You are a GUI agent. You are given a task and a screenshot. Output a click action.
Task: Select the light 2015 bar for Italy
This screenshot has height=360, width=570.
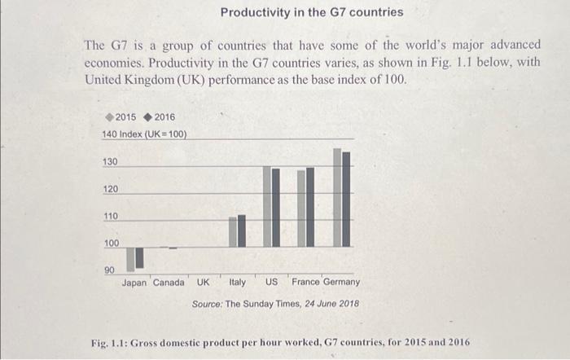point(233,232)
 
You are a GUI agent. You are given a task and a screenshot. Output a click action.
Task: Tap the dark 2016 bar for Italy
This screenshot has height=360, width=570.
point(241,230)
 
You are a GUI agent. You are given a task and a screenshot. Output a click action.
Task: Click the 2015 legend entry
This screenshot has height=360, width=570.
point(121,117)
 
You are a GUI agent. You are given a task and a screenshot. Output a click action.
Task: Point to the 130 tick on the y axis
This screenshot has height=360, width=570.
point(110,162)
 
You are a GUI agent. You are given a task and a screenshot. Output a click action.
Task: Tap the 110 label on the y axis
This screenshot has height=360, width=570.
point(110,216)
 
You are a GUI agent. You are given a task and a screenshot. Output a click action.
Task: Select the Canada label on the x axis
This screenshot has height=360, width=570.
point(169,283)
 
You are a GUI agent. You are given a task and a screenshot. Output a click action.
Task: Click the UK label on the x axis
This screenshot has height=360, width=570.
point(203,283)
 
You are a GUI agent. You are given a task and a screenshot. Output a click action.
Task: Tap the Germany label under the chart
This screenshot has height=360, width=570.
point(341,282)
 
